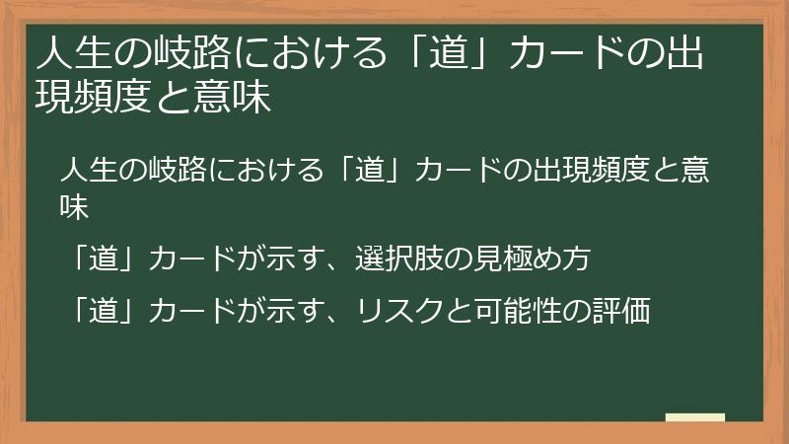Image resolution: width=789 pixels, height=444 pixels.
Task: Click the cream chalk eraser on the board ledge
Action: (694, 417)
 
